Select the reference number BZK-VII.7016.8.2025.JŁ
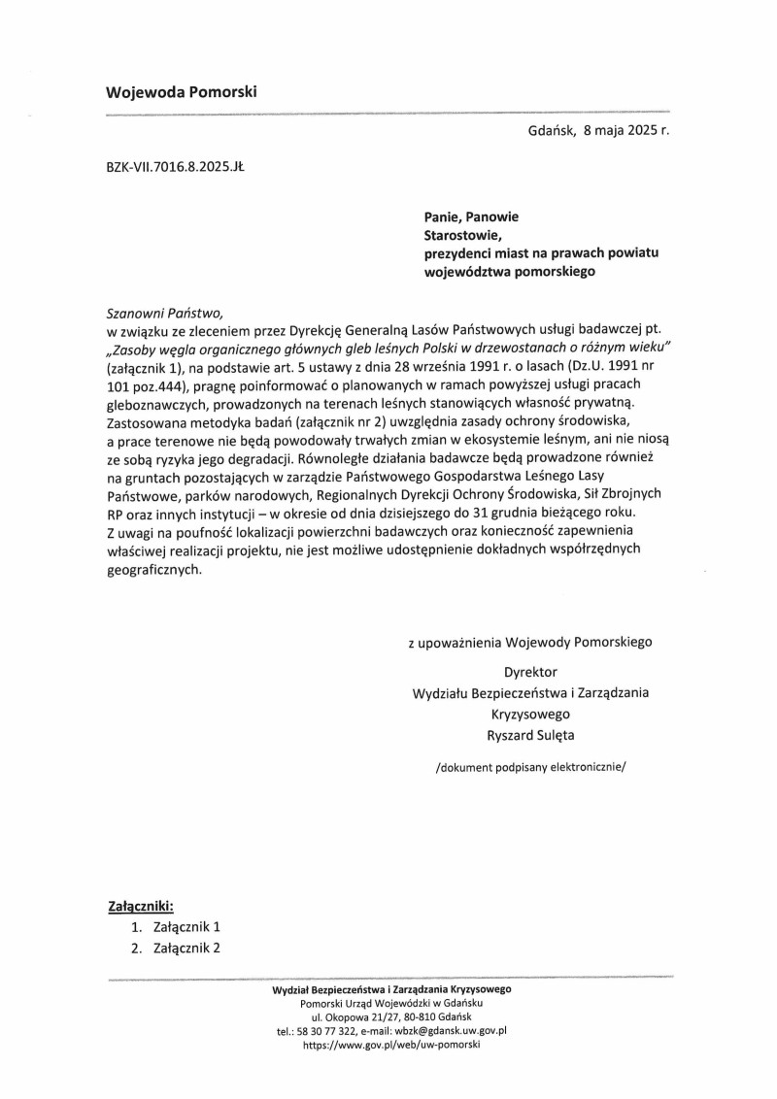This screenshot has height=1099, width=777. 175,167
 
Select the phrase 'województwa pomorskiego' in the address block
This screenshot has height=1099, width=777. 509,273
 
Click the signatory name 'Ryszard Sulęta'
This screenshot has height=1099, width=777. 531,735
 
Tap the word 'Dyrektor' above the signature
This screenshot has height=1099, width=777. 530,671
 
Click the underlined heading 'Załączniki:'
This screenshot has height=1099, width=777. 139,907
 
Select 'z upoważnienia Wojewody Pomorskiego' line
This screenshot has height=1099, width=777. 530,642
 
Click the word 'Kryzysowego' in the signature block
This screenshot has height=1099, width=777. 530,714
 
